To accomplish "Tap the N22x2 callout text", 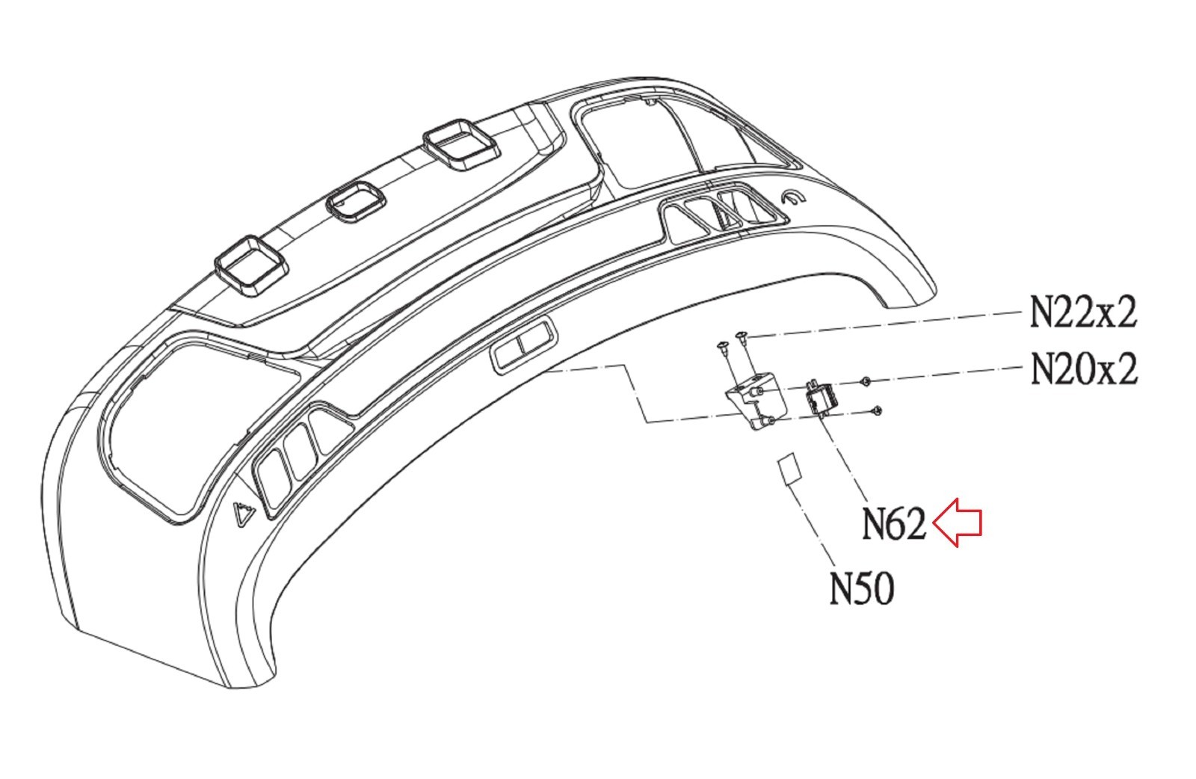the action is [x=1083, y=312].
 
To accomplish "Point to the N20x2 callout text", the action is [x=1084, y=369].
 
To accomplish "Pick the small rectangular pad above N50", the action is [x=787, y=469].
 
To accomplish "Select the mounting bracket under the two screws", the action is [x=753, y=402].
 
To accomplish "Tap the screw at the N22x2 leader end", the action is [x=741, y=336].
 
